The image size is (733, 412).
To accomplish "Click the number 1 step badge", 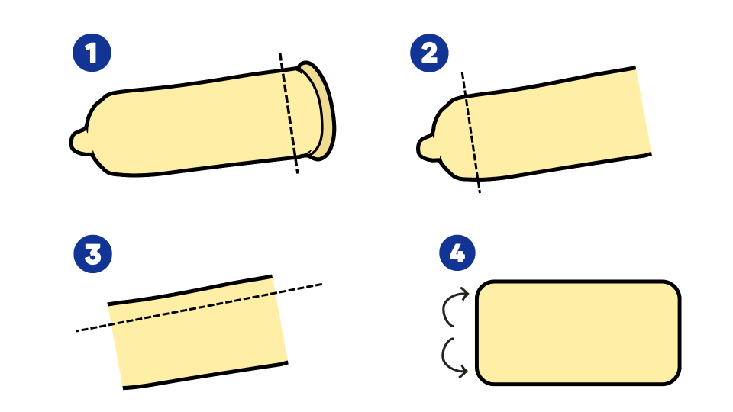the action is (92, 53).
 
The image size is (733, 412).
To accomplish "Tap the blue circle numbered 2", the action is (429, 53).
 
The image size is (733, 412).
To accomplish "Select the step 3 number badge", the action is (93, 253).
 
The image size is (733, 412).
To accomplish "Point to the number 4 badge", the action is (457, 253).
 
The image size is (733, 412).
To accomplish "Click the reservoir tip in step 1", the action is (79, 142).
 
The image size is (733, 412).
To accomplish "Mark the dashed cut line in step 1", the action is (289, 113).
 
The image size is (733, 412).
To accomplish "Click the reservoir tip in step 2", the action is (426, 147).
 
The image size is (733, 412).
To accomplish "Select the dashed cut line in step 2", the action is (471, 132).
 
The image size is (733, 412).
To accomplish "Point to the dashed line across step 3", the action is (199, 307).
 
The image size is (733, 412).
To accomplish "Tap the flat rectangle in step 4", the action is (578, 333).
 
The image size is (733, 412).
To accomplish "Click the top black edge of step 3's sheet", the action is (190, 290).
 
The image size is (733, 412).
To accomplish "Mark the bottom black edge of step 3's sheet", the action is (205, 375).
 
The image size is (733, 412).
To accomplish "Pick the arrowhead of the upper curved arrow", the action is (464, 294).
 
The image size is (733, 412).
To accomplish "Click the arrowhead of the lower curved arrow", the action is (463, 372).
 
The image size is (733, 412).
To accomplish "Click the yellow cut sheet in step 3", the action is (198, 332).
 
